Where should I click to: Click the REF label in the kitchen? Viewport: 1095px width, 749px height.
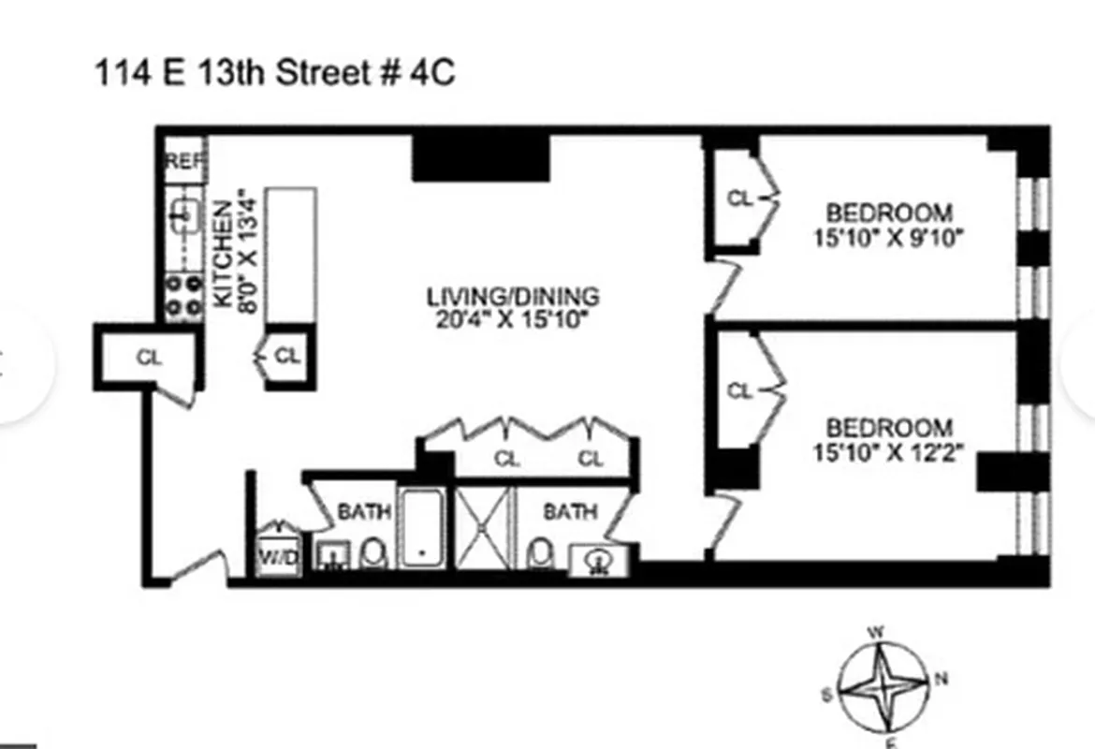tap(184, 161)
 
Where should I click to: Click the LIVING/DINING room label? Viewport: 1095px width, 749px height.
tap(513, 297)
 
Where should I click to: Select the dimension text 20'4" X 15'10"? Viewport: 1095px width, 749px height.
tap(513, 318)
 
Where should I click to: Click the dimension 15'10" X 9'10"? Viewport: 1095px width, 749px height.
tap(888, 238)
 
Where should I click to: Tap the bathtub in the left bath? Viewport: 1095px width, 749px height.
tap(424, 526)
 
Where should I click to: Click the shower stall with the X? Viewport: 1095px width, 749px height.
tap(484, 526)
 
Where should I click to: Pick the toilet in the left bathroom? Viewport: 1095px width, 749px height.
tap(373, 553)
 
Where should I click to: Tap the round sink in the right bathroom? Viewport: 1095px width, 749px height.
tap(598, 561)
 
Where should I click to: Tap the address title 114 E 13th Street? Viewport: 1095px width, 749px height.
tap(274, 72)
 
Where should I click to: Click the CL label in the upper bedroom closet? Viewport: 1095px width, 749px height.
tap(739, 198)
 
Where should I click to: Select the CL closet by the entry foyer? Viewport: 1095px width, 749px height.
tap(149, 358)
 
